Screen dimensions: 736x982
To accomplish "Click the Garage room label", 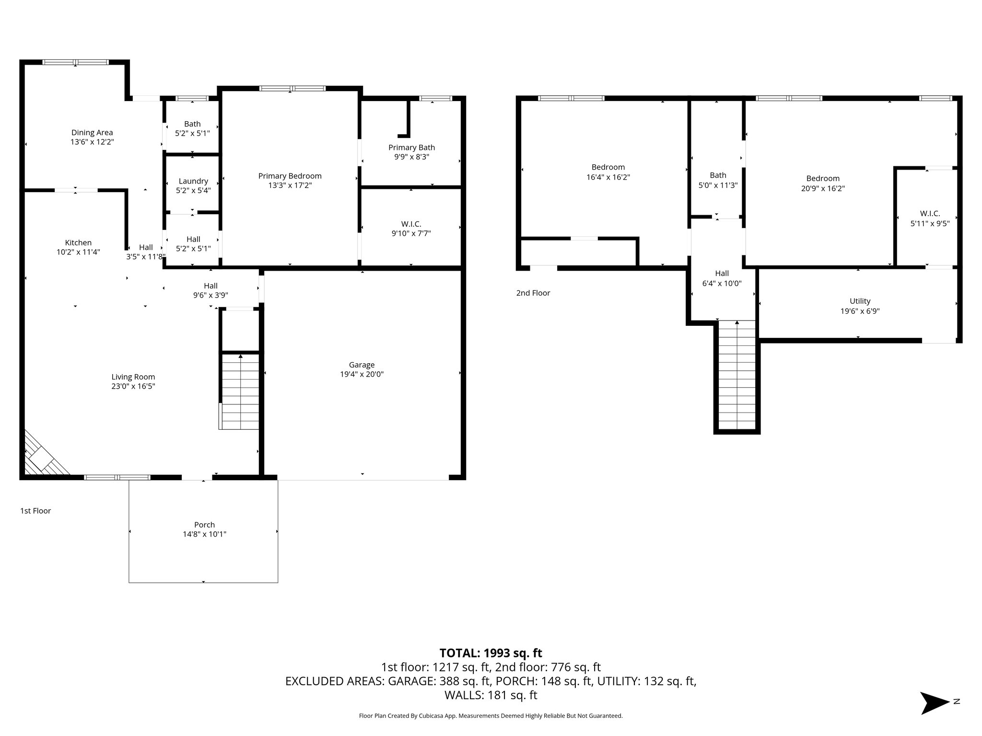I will pyautogui.click(x=362, y=365).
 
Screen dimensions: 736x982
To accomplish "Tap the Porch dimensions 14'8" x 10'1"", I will pyautogui.click(x=204, y=534).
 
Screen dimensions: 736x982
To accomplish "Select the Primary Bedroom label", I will pyautogui.click(x=290, y=176).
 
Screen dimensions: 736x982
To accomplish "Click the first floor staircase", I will pyautogui.click(x=240, y=391).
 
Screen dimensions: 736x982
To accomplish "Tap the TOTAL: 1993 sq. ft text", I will pyautogui.click(x=491, y=653).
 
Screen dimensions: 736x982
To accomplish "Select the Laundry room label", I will pyautogui.click(x=193, y=181).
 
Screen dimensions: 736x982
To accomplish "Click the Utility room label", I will pyautogui.click(x=860, y=301).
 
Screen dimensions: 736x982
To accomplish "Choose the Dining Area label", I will pyautogui.click(x=92, y=133).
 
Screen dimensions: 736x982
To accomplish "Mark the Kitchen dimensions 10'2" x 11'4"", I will pyautogui.click(x=78, y=252).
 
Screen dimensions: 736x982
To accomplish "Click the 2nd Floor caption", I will pyautogui.click(x=533, y=293).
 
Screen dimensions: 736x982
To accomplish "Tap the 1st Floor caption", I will pyautogui.click(x=35, y=511).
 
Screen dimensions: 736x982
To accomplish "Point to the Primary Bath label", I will pyautogui.click(x=411, y=148).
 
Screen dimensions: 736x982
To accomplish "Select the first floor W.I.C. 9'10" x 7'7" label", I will pyautogui.click(x=411, y=229).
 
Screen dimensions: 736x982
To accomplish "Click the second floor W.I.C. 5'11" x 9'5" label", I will pyautogui.click(x=930, y=218).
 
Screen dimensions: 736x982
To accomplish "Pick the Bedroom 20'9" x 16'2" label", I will pyautogui.click(x=823, y=183).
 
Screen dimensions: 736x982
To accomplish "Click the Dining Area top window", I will pyautogui.click(x=75, y=62).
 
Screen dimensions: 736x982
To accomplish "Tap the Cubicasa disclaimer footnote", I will pyautogui.click(x=491, y=716).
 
